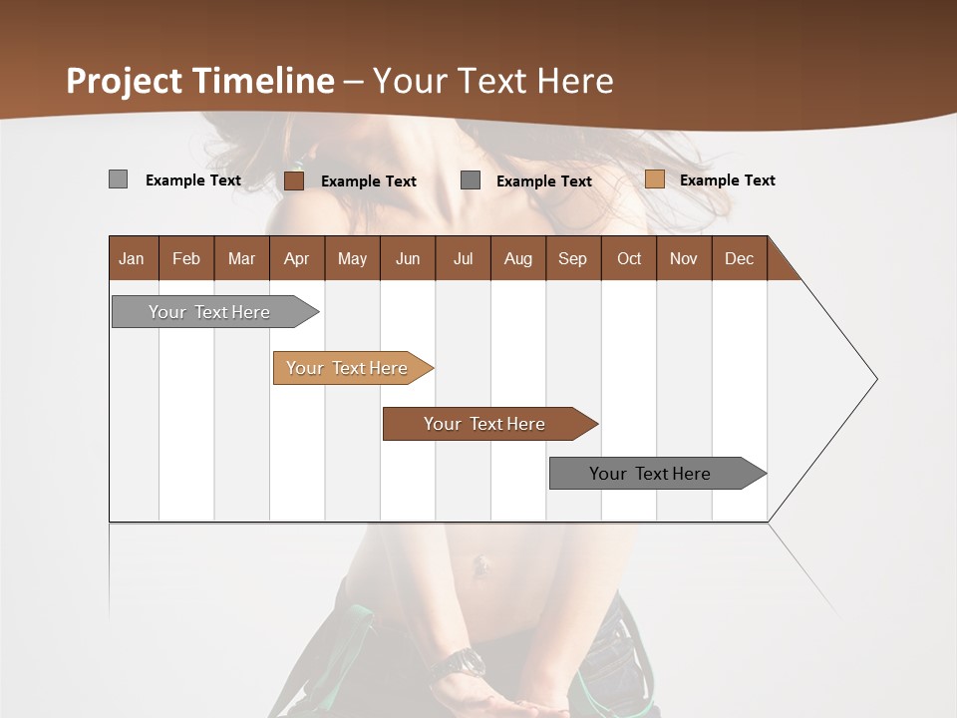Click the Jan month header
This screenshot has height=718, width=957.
pos(133,258)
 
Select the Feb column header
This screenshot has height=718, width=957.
pos(186,258)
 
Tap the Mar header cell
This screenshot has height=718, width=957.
pos(241,258)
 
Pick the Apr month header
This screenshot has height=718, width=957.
pos(296,258)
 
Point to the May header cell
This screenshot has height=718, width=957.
pos(352,258)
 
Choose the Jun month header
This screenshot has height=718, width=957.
pos(408,258)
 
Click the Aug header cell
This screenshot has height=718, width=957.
pos(517,258)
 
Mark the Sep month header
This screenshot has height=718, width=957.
pos(572,258)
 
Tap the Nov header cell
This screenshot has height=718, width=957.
pos(683,258)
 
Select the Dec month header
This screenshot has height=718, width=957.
pos(739,258)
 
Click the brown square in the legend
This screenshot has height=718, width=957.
pos(293,180)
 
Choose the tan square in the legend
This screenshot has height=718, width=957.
pos(654,179)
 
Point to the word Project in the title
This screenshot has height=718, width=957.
pos(125,81)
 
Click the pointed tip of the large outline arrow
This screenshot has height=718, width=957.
pos(875,379)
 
